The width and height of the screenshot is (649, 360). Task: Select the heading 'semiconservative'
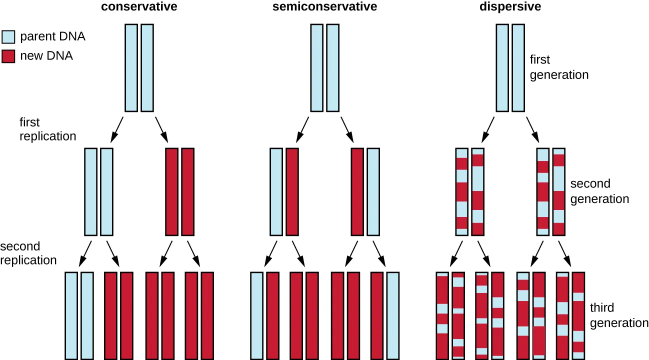click(x=324, y=7)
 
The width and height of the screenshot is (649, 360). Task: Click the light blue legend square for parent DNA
click(x=8, y=37)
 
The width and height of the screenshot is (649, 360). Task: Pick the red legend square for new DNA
click(x=8, y=56)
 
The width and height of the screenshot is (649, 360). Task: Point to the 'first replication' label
click(x=47, y=129)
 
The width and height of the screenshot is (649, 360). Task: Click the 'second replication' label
click(x=28, y=253)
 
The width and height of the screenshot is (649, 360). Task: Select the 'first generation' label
click(x=559, y=67)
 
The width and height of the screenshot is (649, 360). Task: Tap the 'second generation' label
click(x=599, y=191)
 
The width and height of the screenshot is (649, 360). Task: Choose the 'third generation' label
click(x=619, y=315)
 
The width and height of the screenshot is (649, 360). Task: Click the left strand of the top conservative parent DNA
click(x=130, y=67)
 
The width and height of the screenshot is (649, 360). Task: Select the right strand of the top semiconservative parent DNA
click(x=332, y=67)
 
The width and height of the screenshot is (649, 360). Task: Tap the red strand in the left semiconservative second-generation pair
click(x=292, y=191)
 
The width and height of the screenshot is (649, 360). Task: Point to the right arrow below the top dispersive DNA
click(x=533, y=129)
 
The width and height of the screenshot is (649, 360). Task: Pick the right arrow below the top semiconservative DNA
click(x=347, y=129)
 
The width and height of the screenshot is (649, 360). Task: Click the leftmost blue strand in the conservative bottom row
click(x=71, y=315)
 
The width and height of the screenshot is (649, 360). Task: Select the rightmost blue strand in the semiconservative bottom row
click(x=393, y=315)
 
